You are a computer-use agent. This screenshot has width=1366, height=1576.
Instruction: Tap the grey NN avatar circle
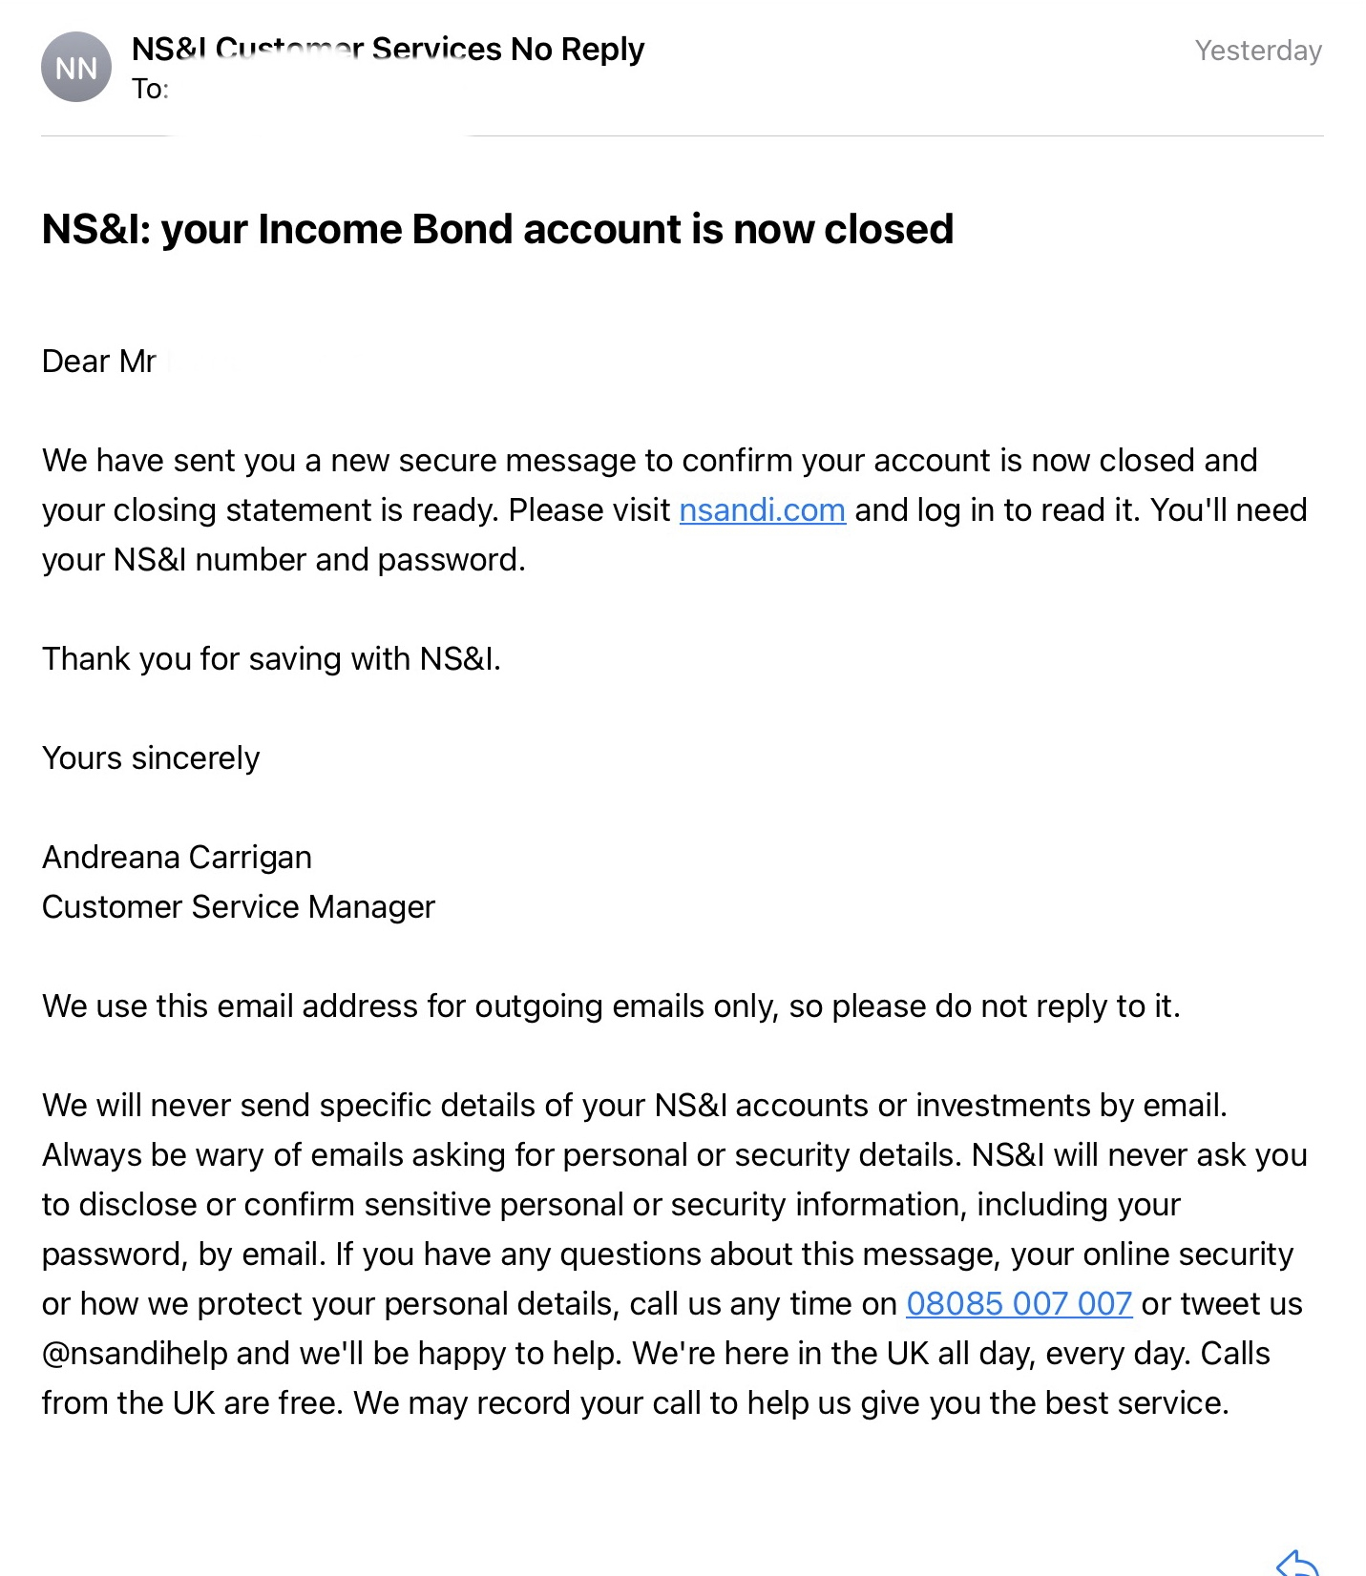pos(76,68)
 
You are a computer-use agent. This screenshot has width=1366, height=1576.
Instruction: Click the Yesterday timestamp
pos(1258,51)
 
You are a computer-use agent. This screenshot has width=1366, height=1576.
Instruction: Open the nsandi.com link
pos(762,510)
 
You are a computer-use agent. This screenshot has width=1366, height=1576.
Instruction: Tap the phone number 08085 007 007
pos(1019,1304)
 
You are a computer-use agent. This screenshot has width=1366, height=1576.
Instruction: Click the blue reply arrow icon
pos(1297,1563)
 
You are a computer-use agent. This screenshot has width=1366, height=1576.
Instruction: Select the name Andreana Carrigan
pos(177,858)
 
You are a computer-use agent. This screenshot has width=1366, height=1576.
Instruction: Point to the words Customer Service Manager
pos(239,907)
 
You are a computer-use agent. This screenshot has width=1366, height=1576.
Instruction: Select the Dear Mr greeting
pos(99,362)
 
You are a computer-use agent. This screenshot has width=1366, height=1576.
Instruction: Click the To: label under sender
pos(150,90)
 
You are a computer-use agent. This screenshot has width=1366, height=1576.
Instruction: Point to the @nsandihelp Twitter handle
pos(135,1354)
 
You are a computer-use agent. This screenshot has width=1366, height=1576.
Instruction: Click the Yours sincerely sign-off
pos(151,758)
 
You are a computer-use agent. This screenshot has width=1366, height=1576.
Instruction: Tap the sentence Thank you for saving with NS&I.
pos(271,659)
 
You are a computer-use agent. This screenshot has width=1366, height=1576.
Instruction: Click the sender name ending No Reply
pos(388,50)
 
